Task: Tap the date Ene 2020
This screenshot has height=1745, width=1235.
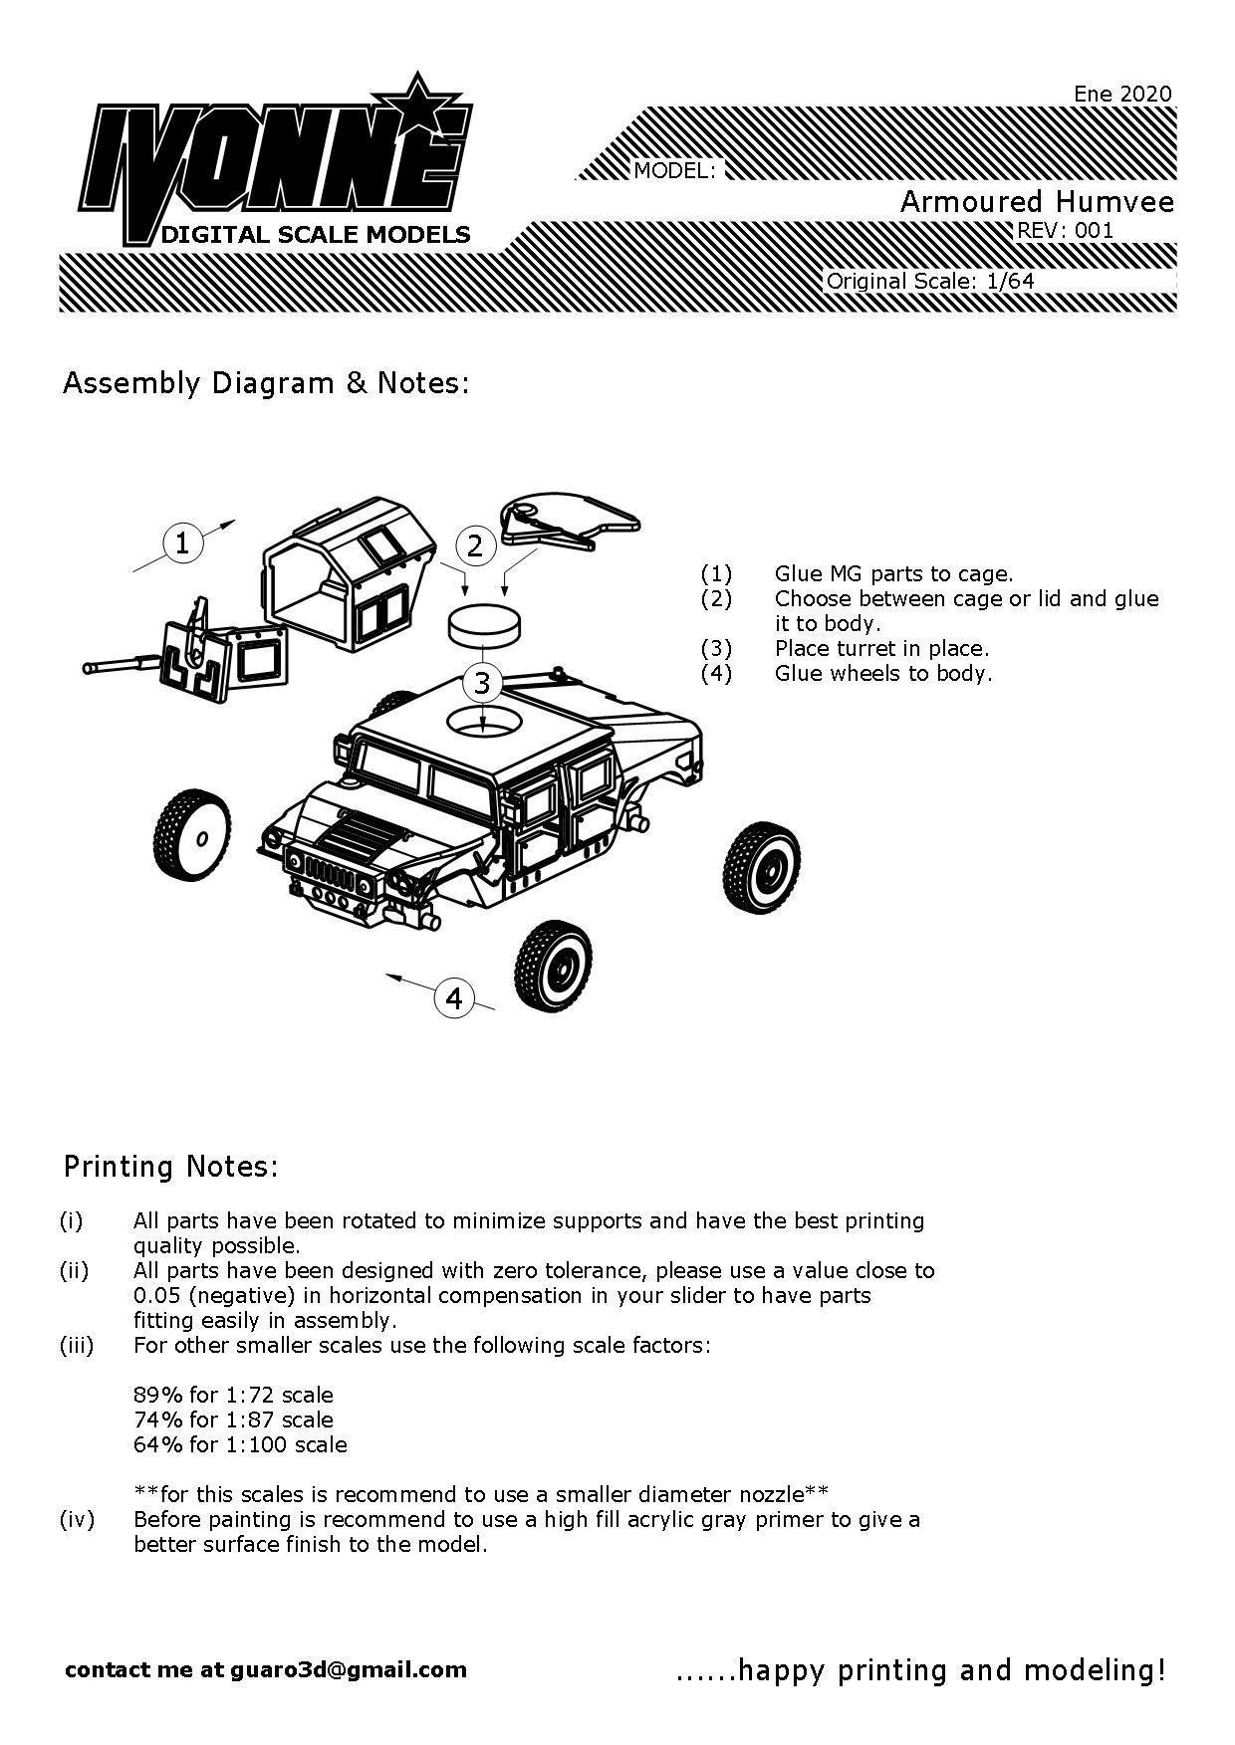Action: pos(1122,94)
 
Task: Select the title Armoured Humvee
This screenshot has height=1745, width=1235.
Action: pos(1037,202)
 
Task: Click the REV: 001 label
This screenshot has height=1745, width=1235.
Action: pos(1063,231)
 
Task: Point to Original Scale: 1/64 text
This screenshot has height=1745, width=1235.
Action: pos(930,281)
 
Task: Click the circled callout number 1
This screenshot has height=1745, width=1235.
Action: pos(182,544)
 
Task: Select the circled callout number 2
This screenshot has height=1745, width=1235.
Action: pos(475,545)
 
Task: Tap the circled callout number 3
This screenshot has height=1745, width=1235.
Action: pos(482,683)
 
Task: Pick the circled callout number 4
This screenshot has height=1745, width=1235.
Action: pos(454,997)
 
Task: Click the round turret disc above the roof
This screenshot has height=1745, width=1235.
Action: pos(483,624)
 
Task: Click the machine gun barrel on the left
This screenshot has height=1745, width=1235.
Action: pos(118,663)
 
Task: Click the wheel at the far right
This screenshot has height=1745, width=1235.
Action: pos(761,866)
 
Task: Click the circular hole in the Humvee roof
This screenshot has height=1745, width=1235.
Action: pos(483,722)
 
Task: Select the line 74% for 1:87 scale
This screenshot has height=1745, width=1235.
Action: pos(233,1419)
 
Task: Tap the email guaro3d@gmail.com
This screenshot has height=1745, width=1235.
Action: pos(349,1669)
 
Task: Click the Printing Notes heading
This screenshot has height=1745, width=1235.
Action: pos(170,1166)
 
